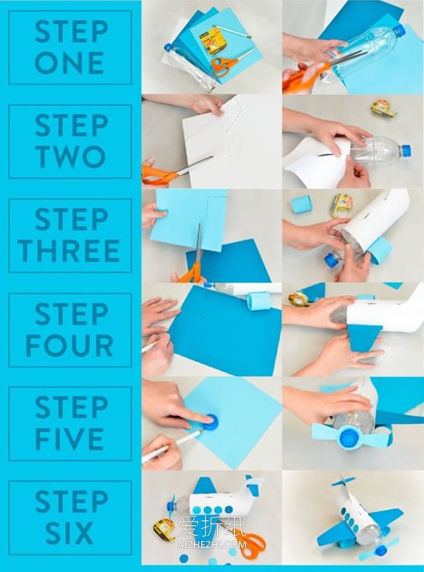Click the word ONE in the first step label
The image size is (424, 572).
[69, 63]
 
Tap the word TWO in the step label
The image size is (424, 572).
[70, 156]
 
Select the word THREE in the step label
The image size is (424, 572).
[69, 251]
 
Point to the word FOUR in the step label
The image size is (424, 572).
[69, 345]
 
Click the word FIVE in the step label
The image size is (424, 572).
[69, 439]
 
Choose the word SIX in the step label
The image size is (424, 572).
[69, 533]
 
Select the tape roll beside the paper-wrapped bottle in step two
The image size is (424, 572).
[385, 109]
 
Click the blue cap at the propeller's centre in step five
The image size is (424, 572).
[350, 436]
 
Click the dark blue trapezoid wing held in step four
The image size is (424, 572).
[364, 337]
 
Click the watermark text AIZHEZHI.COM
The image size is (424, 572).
[212, 545]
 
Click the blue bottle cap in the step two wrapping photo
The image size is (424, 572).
[406, 149]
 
